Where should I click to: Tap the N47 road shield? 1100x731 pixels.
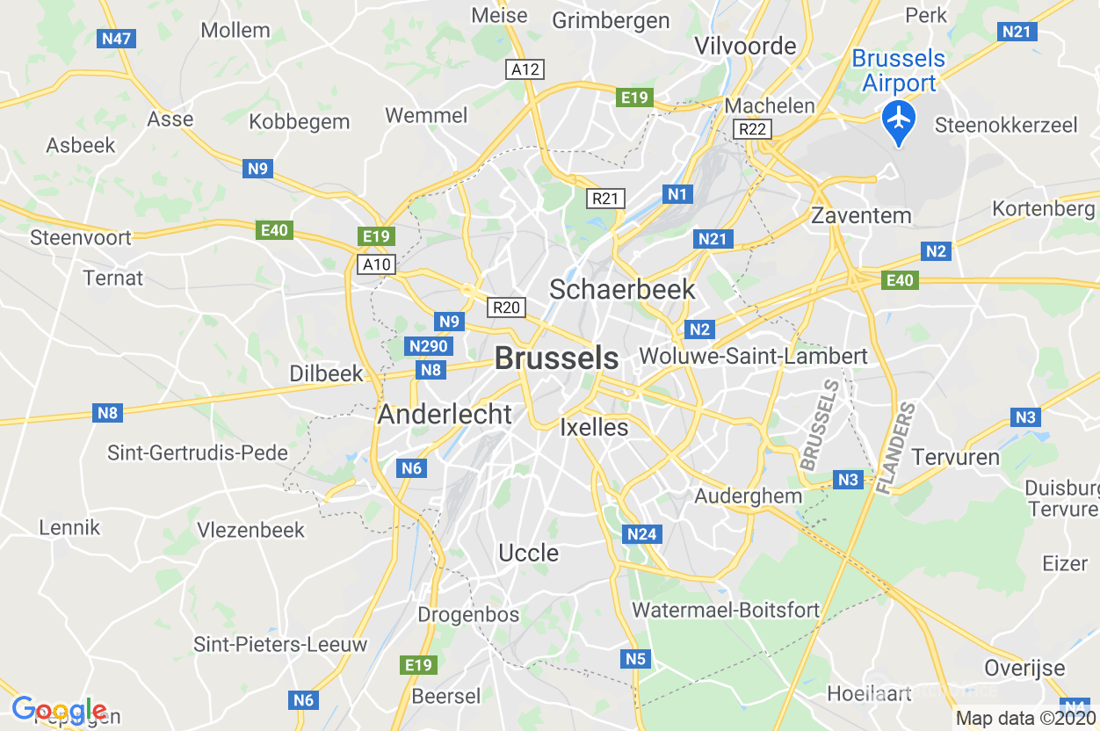[116, 39]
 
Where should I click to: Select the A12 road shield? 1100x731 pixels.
[525, 69]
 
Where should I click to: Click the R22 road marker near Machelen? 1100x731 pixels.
[752, 130]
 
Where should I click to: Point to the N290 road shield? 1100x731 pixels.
[429, 346]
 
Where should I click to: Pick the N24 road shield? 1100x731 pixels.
[642, 533]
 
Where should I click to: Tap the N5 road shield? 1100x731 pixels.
[635, 659]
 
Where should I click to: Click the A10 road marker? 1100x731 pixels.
[377, 264]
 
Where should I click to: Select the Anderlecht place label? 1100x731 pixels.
[445, 415]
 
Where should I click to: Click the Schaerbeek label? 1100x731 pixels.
[622, 289]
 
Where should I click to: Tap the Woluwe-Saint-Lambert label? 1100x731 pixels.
[754, 356]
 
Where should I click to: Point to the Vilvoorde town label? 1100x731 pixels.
[745, 46]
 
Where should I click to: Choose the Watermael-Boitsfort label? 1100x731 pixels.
[726, 610]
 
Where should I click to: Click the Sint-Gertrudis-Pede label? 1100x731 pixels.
[198, 453]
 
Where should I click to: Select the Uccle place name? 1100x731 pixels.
[528, 553]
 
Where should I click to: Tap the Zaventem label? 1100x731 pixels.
[861, 215]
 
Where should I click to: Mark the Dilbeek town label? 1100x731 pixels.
[326, 373]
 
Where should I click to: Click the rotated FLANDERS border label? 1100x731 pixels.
[896, 448]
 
